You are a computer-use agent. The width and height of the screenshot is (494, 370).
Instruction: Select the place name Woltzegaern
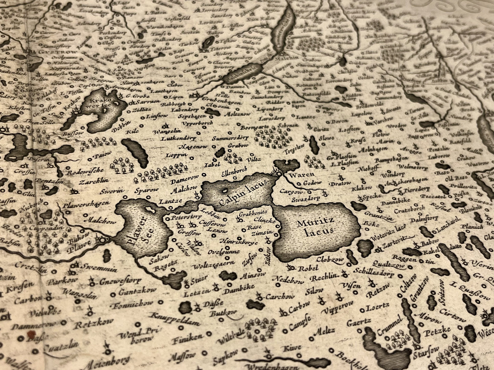pyautogui.click(x=214, y=265)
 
